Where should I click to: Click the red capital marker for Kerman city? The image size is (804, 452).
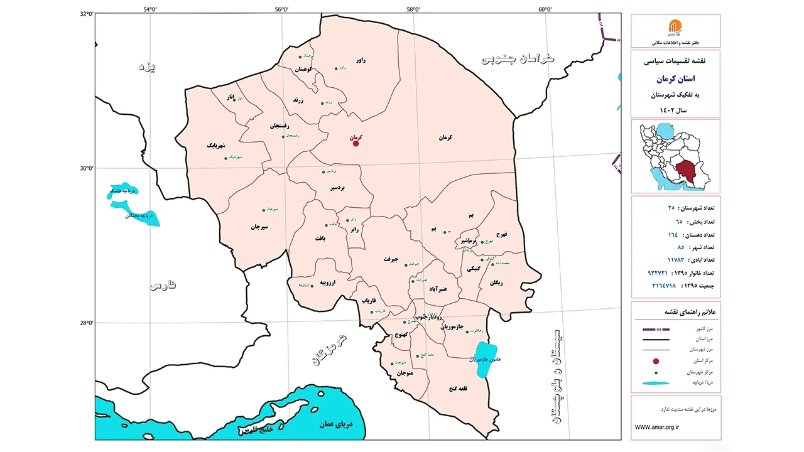coord(356,143)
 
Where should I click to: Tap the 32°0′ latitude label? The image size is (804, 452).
coord(86,14)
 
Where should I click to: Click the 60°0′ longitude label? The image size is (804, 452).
coord(545,8)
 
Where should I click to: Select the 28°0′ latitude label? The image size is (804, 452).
coord(86,323)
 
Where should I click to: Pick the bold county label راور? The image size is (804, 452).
coord(360,60)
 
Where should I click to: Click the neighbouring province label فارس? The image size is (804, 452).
coord(163,286)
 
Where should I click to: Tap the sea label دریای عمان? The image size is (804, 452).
coord(336,424)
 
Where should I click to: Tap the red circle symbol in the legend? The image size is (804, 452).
coord(656,361)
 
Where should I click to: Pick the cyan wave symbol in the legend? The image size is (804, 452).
coord(656,382)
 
